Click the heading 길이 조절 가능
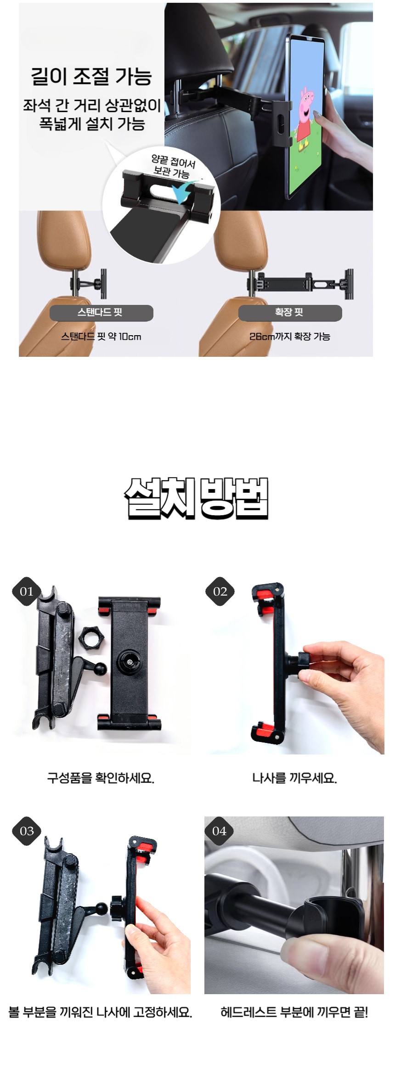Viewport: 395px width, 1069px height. [91, 76]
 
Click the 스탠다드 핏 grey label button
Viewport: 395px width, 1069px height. [101, 313]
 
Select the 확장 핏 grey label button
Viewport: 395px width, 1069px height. [290, 313]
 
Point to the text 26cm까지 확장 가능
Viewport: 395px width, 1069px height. [290, 337]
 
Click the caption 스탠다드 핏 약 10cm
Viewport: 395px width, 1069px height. [101, 337]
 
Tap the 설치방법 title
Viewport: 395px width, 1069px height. [196, 499]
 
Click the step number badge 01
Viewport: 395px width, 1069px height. [27, 591]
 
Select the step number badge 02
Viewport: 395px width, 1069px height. [220, 591]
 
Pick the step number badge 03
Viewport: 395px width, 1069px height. [27, 831]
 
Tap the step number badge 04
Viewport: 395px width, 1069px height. [220, 831]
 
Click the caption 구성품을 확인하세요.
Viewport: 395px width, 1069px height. [101, 778]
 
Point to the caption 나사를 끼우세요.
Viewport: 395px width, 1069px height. [294, 778]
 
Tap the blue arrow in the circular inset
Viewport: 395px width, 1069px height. [183, 192]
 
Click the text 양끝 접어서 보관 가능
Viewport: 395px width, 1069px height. [173, 166]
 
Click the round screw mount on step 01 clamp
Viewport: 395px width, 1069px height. [130, 662]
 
